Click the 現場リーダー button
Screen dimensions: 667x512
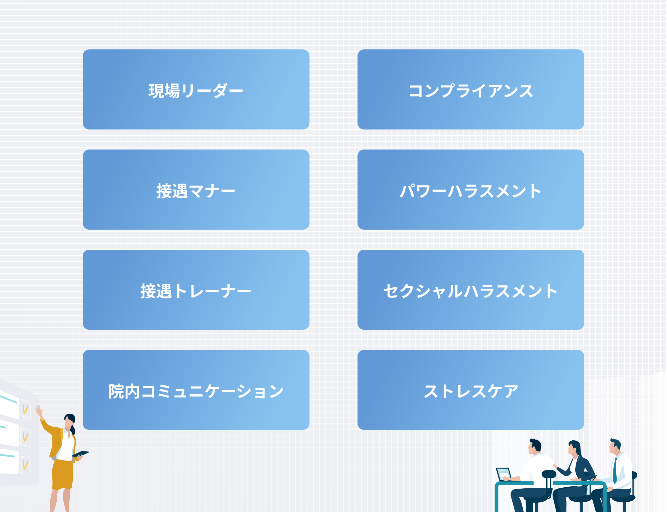click(x=196, y=89)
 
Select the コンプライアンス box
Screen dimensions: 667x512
click(x=471, y=89)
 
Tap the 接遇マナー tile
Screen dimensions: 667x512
click(x=196, y=190)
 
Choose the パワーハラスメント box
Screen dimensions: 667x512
click(x=471, y=190)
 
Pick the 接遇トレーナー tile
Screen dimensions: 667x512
click(x=196, y=290)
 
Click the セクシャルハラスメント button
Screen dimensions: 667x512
click(x=471, y=290)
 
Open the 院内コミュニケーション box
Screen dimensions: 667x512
click(x=196, y=390)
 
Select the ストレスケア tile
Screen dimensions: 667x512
click(x=471, y=390)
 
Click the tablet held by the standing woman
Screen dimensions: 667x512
click(x=80, y=454)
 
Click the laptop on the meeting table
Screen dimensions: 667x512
click(x=504, y=474)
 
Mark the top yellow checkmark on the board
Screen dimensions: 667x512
click(x=25, y=409)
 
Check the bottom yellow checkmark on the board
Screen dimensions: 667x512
click(x=25, y=465)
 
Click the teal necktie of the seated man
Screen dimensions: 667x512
click(x=615, y=470)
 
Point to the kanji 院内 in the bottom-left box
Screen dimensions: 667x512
click(x=124, y=391)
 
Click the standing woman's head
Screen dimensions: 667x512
click(x=70, y=421)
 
